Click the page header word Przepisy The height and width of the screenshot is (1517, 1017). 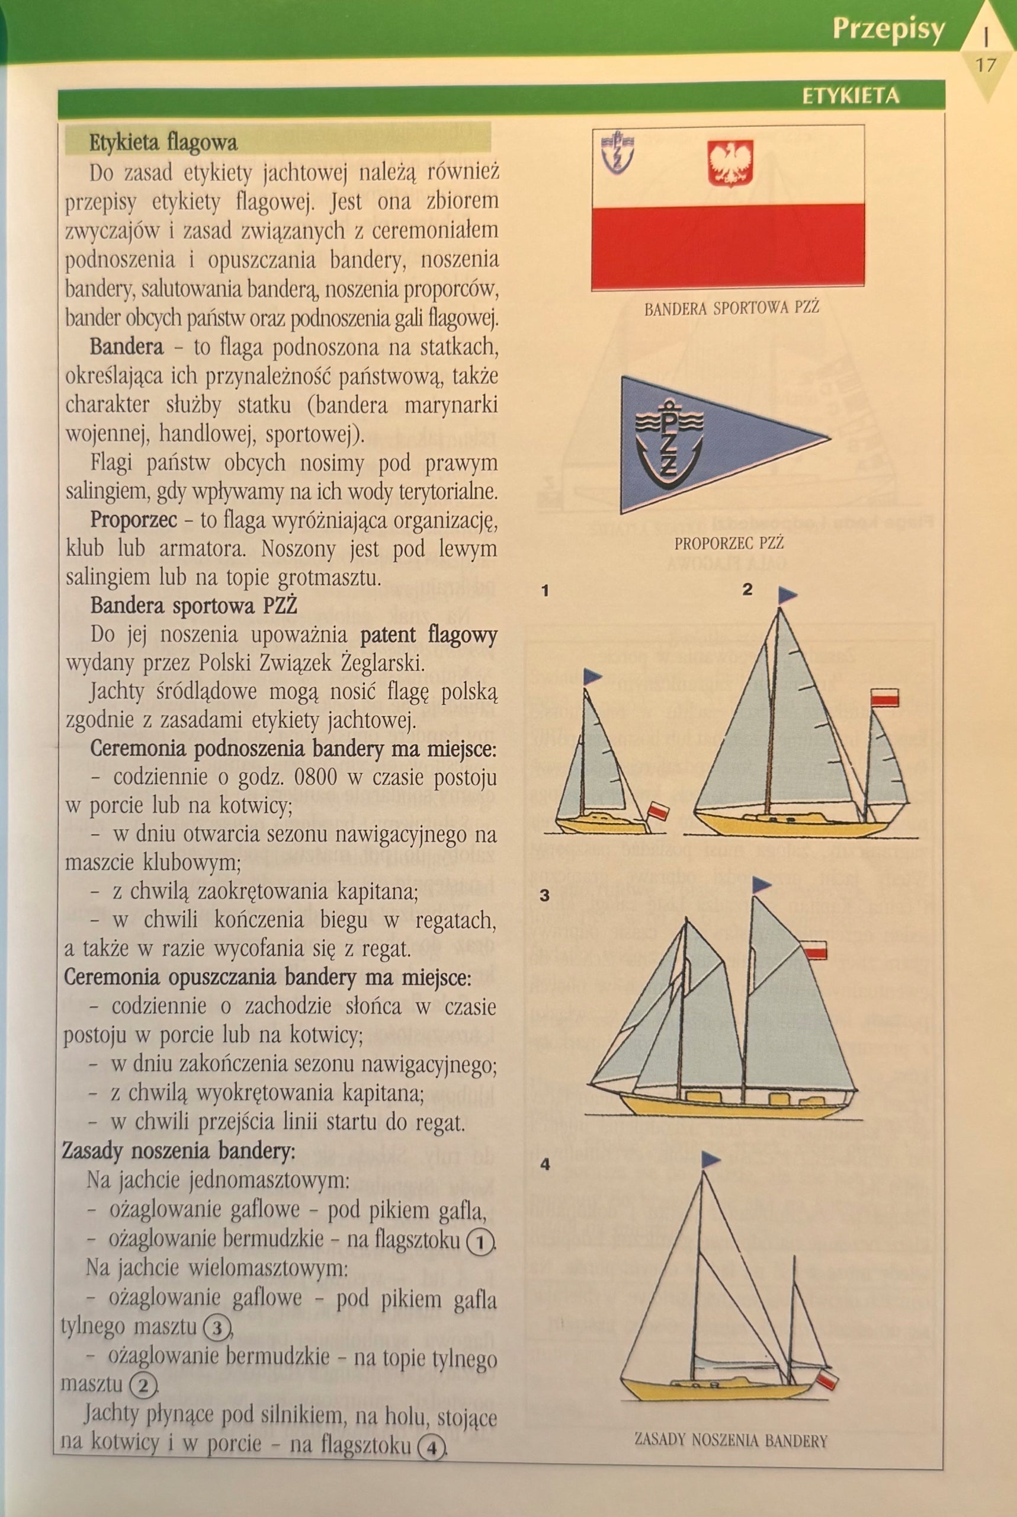(888, 30)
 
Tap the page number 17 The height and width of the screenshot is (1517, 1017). (984, 65)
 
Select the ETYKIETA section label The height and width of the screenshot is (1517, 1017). (851, 96)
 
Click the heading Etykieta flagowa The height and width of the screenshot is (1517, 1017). (163, 142)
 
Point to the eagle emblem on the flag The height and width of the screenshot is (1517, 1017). (730, 162)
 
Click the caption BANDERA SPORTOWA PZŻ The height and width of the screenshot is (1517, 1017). (732, 308)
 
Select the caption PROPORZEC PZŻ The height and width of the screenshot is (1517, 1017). (729, 542)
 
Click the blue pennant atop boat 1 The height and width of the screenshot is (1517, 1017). (592, 677)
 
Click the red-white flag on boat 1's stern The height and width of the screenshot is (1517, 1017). (658, 811)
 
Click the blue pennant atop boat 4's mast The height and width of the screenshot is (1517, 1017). (710, 1160)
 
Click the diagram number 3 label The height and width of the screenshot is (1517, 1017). (544, 896)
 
